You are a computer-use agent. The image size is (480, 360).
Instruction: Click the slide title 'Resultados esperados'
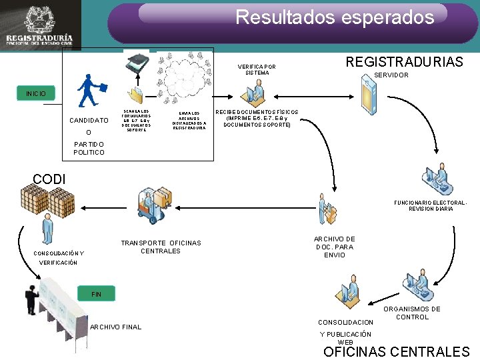pyautogui.click(x=335, y=17)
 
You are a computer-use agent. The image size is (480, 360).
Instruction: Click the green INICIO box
pyautogui.click(x=36, y=93)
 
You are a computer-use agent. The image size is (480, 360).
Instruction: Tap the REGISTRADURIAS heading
pyautogui.click(x=404, y=62)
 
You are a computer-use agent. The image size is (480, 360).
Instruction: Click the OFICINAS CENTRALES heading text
pyautogui.click(x=396, y=351)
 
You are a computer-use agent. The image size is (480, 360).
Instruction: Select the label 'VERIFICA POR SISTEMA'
pyautogui.click(x=257, y=70)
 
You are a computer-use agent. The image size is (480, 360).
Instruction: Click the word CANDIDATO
pyautogui.click(x=89, y=121)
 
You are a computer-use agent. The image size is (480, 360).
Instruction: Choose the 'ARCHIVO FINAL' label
pyautogui.click(x=115, y=327)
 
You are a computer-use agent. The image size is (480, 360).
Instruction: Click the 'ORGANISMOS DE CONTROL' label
pyautogui.click(x=417, y=313)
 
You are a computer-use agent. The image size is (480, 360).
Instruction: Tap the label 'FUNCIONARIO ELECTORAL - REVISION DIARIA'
pyautogui.click(x=430, y=205)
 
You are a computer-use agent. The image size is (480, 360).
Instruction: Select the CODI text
pyautogui.click(x=49, y=179)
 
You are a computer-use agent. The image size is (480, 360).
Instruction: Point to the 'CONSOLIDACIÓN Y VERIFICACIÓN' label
pyautogui.click(x=59, y=257)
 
